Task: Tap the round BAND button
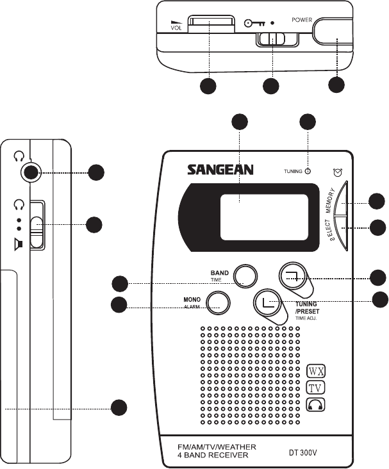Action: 244,275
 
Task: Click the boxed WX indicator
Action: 315,371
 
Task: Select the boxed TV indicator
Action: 315,388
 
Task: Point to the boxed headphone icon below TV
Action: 315,404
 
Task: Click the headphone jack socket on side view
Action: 29,172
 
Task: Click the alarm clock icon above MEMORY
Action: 337,172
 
